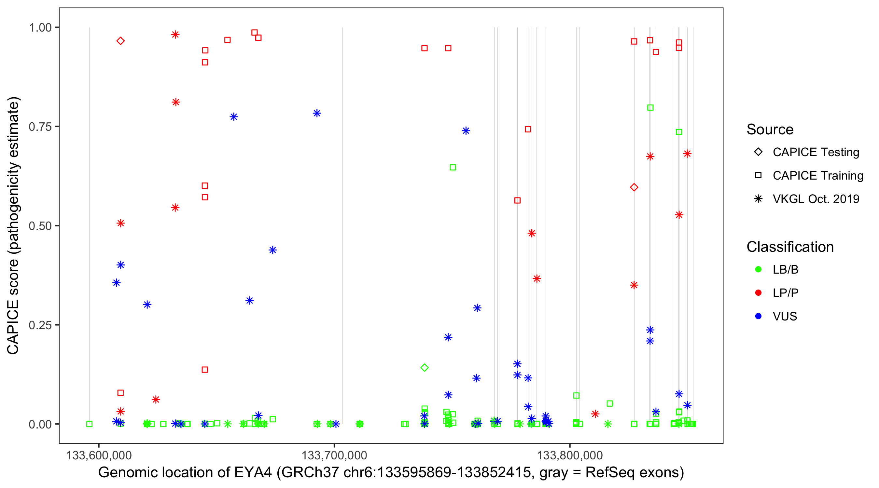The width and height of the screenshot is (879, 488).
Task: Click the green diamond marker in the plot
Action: pyautogui.click(x=424, y=368)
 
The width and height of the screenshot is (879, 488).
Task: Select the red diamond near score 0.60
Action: pyautogui.click(x=634, y=187)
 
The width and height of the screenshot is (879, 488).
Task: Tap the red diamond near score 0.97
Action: pyautogui.click(x=120, y=41)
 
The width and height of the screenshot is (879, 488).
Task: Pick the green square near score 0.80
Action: pyautogui.click(x=650, y=108)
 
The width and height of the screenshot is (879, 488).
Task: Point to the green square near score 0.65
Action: pyautogui.click(x=453, y=168)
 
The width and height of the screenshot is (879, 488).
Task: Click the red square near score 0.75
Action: pyautogui.click(x=528, y=129)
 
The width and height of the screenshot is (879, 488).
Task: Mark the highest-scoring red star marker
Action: pyautogui.click(x=175, y=34)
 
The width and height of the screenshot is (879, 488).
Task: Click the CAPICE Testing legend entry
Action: pyautogui.click(x=816, y=152)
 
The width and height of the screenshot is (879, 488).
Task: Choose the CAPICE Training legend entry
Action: pyautogui.click(x=817, y=176)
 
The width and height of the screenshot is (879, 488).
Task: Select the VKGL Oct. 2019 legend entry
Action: pyautogui.click(x=816, y=199)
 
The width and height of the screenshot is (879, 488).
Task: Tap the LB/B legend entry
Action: pyautogui.click(x=785, y=270)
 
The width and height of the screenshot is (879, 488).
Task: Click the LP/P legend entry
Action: pyautogui.click(x=785, y=293)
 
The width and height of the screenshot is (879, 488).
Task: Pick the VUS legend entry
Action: pyautogui.click(x=785, y=317)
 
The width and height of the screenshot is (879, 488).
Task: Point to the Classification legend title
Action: pyautogui.click(x=790, y=247)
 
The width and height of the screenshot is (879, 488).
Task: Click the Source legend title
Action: pyautogui.click(x=770, y=129)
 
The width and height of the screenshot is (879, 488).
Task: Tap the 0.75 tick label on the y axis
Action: pyautogui.click(x=40, y=127)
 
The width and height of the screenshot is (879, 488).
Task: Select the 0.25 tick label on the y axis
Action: pyautogui.click(x=40, y=325)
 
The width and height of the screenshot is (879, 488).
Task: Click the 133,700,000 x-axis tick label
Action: pyautogui.click(x=334, y=455)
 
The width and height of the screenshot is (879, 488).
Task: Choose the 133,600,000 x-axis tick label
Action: pyautogui.click(x=99, y=455)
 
